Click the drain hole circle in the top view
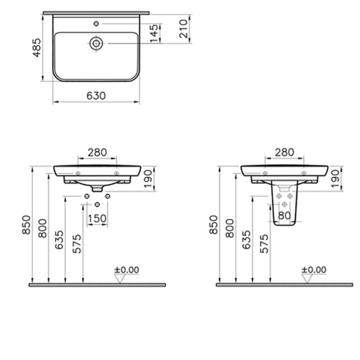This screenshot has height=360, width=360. (x=96, y=44)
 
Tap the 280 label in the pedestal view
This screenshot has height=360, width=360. (x=284, y=151)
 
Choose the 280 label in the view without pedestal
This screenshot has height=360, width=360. (x=96, y=151)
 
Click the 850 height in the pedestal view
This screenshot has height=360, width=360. (x=214, y=225)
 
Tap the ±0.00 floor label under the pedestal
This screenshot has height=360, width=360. (x=313, y=269)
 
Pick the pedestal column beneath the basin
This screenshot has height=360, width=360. (x=285, y=205)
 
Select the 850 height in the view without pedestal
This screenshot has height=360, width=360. (x=27, y=225)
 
